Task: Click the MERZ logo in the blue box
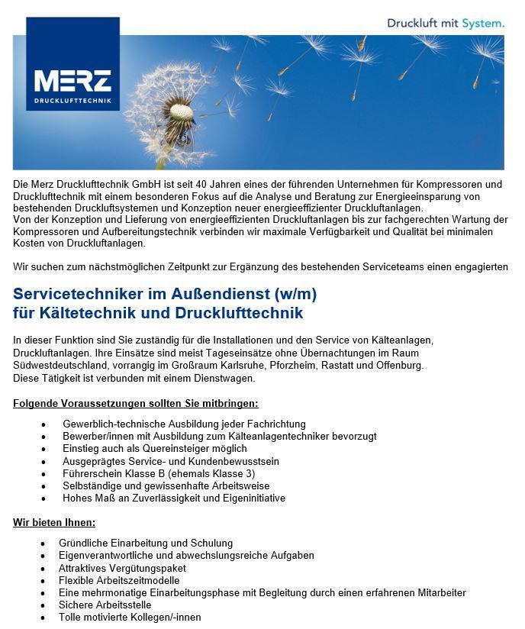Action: click(x=72, y=82)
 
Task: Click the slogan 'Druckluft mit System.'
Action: click(x=446, y=23)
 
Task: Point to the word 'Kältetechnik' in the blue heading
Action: click(x=77, y=313)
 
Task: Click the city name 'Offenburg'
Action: click(x=400, y=365)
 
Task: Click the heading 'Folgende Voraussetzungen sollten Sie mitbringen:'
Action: click(x=136, y=403)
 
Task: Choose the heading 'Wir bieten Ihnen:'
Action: click(x=54, y=523)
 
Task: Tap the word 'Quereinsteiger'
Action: click(x=158, y=448)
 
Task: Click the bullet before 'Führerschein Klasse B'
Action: click(x=44, y=473)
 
